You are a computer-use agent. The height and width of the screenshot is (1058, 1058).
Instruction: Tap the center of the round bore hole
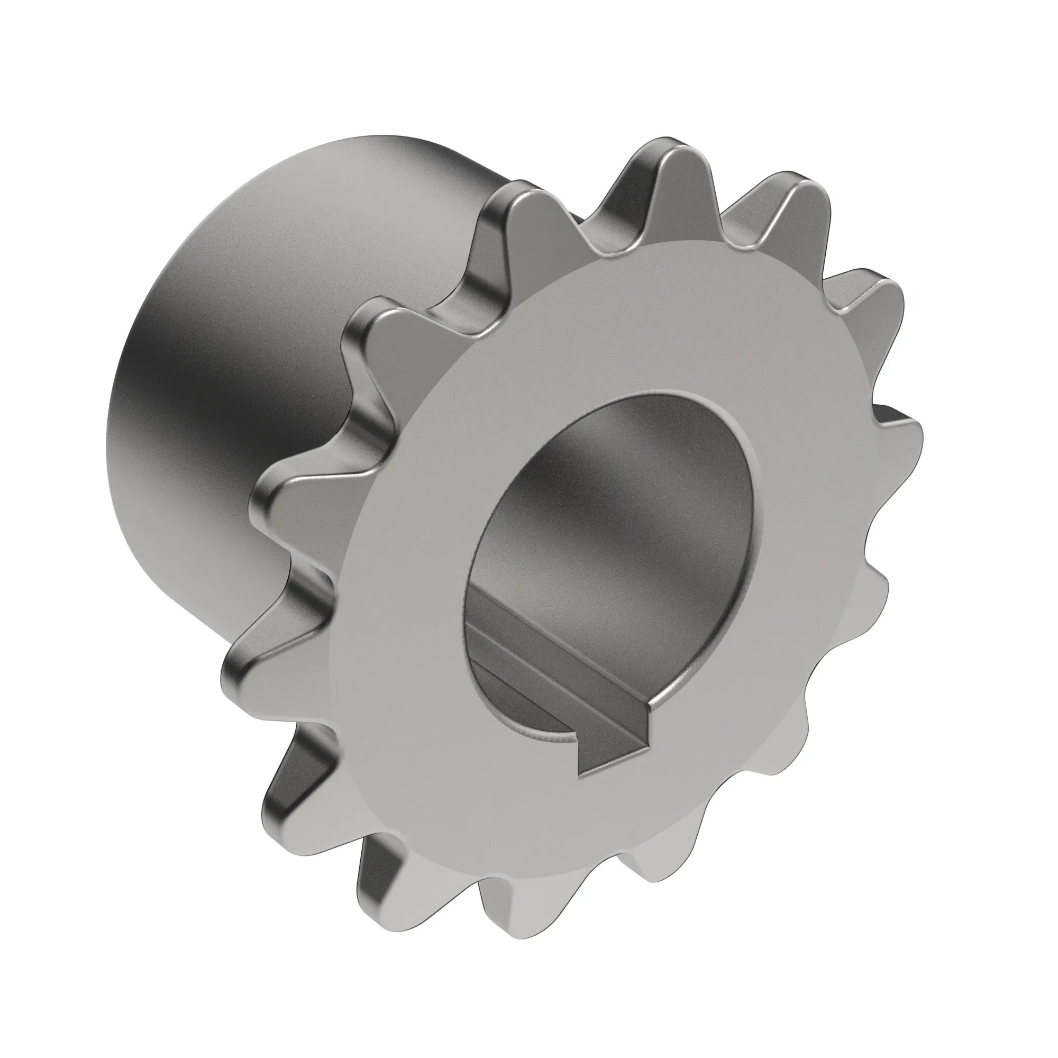(x=608, y=548)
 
